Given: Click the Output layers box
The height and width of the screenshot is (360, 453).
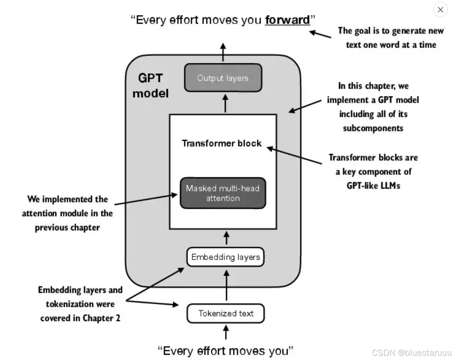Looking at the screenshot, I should click(x=223, y=78).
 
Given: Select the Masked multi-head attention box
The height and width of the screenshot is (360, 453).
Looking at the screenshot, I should click(x=223, y=193).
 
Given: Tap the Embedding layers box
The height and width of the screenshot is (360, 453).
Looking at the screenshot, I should click(x=225, y=257).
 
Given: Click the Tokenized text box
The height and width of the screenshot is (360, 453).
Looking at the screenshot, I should click(x=226, y=314).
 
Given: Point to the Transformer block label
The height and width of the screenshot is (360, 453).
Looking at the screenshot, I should click(x=222, y=143).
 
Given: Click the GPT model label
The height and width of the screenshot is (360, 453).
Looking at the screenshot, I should click(x=150, y=86).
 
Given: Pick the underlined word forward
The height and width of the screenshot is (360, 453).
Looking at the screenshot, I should click(x=287, y=20).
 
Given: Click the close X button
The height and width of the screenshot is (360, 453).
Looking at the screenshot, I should click(x=440, y=10).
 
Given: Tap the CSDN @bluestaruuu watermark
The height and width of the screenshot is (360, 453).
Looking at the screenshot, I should click(x=411, y=353).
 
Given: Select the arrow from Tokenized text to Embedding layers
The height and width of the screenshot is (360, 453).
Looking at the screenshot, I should click(x=226, y=285).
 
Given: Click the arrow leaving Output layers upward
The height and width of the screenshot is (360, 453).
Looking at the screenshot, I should click(x=223, y=52).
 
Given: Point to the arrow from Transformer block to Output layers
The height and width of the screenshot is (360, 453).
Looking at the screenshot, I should click(x=225, y=103).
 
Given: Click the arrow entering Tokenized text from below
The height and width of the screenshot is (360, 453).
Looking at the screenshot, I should click(x=226, y=332).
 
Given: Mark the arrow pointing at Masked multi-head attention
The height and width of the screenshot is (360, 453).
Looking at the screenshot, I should click(x=146, y=199).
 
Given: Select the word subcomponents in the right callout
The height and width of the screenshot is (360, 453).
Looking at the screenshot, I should click(x=373, y=128).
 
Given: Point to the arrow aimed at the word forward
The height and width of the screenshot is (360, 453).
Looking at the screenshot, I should click(x=320, y=34).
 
